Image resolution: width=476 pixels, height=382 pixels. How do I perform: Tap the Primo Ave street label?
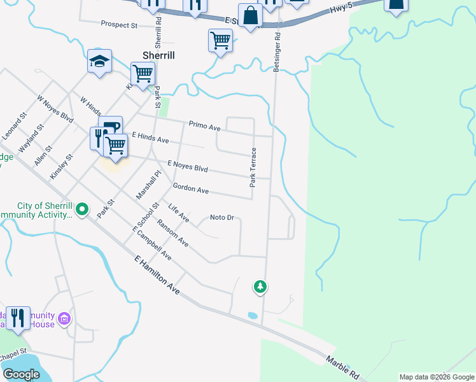(x=204, y=126)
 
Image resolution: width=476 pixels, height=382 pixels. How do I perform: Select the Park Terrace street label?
(x=253, y=167)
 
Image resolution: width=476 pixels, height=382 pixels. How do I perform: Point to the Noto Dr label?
(x=223, y=218)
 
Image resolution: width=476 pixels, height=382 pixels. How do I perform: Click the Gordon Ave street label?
(x=191, y=189)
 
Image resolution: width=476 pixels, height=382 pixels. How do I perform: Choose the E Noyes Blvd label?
(x=188, y=167)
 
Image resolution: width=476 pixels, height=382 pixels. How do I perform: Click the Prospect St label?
(x=119, y=25)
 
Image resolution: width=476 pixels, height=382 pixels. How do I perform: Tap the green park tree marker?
(x=260, y=287)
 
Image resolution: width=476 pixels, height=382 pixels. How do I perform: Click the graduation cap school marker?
(x=99, y=61)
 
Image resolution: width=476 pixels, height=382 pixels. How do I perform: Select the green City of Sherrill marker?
(x=82, y=209)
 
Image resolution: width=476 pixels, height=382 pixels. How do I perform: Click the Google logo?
(x=22, y=374)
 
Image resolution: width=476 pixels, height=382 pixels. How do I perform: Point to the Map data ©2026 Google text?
(x=436, y=377)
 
